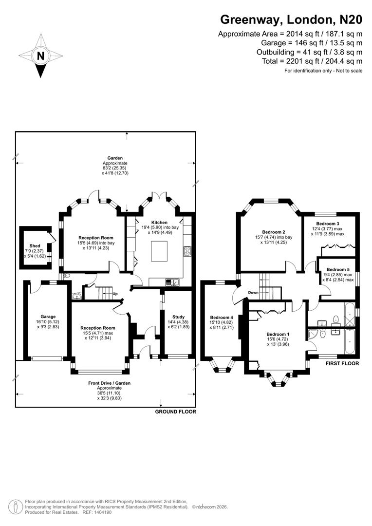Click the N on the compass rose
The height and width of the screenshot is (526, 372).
pos(41,56)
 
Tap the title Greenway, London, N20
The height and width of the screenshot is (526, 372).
pos(291,20)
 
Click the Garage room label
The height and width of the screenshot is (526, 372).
pos(48,317)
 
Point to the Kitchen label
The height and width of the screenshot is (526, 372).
pos(159,223)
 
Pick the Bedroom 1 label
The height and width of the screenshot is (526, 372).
pos(278,334)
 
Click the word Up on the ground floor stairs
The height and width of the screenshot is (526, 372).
pos(115,294)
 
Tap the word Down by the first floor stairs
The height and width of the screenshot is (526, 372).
pos(253,293)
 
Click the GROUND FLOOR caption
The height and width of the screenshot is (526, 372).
pos(175,412)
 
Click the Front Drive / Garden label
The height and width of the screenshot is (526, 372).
pos(109,383)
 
